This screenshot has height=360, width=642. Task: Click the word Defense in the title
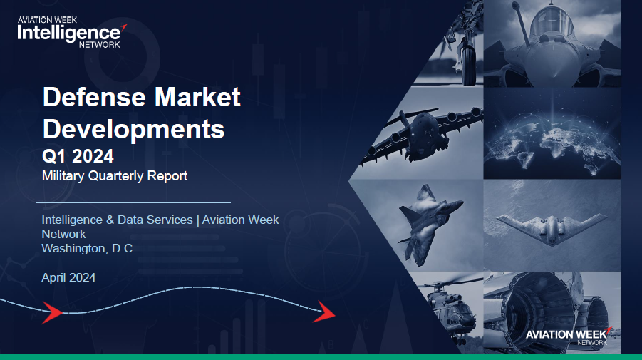95,97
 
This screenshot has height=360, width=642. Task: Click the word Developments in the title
133,130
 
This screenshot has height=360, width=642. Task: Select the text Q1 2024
78,156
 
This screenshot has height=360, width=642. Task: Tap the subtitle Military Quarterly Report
115,175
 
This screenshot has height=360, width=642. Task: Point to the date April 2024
68,278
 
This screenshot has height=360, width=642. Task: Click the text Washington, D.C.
88,249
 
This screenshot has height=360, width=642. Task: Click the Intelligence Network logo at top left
72,32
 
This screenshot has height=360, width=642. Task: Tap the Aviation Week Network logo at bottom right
569,336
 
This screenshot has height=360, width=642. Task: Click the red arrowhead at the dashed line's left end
51,313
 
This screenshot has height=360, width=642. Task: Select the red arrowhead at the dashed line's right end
325,312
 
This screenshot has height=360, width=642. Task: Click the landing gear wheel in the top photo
468,65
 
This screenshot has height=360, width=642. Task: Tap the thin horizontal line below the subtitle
133,202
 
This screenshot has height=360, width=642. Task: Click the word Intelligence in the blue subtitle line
72,220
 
